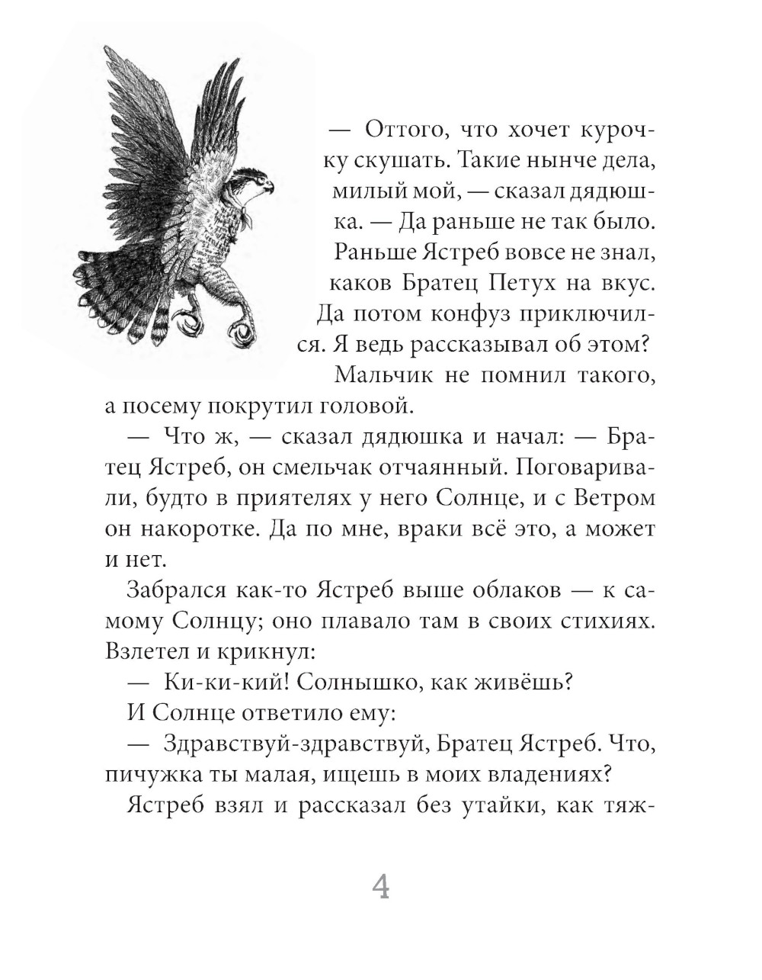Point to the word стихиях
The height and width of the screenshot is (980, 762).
point(609,622)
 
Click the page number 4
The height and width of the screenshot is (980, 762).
point(380,887)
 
